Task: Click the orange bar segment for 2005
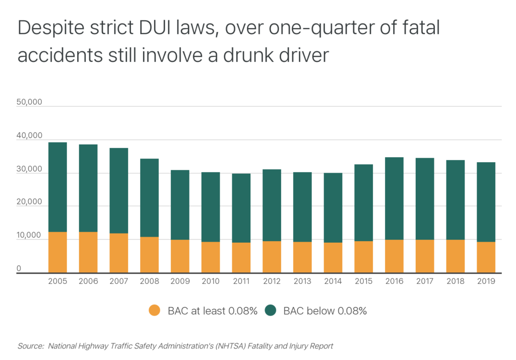pyautogui.click(x=57, y=252)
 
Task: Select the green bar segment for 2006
pyautogui.click(x=88, y=188)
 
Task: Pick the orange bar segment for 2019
pyautogui.click(x=486, y=257)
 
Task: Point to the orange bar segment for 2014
pyautogui.click(x=333, y=258)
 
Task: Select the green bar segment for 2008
pyautogui.click(x=149, y=198)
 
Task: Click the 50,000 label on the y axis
pyautogui.click(x=29, y=102)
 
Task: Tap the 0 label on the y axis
pyautogui.click(x=19, y=268)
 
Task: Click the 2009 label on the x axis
pyautogui.click(x=180, y=281)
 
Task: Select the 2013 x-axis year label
pyautogui.click(x=302, y=281)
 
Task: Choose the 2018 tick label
pyautogui.click(x=456, y=281)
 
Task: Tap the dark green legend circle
pyautogui.click(x=271, y=311)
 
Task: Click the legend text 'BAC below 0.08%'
pyautogui.click(x=325, y=311)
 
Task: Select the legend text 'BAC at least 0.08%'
pyautogui.click(x=213, y=311)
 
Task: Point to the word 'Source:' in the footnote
pyautogui.click(x=31, y=346)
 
